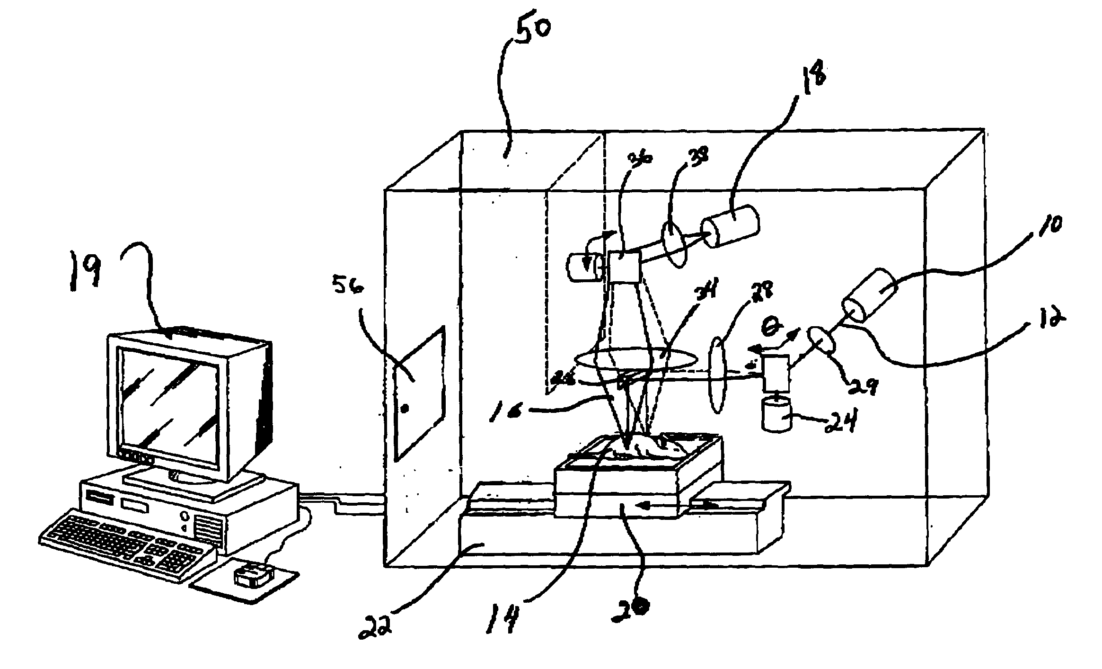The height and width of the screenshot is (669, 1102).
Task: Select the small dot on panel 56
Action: click(x=405, y=409)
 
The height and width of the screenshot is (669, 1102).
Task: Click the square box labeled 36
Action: click(x=624, y=266)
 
